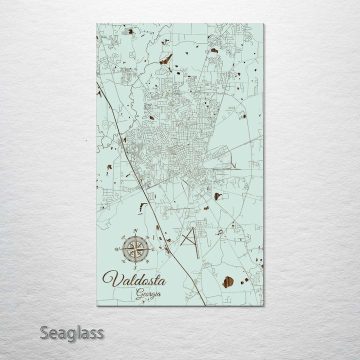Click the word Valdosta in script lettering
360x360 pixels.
coord(133,279)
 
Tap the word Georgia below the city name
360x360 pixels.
coord(148,294)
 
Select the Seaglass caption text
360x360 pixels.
coord(71,332)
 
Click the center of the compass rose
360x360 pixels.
coord(135,248)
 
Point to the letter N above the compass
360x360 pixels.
coord(135,230)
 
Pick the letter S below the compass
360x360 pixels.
coord(135,267)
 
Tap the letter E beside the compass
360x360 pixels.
coord(153,249)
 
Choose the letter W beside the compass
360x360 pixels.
coord(117,248)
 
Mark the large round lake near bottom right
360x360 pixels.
coord(227,282)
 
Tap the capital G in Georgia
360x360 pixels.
coord(139,294)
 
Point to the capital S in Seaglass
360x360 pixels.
coord(44,332)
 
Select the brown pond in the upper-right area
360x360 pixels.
coord(214,50)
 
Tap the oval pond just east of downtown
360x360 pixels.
coord(217,196)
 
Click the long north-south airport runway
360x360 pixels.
coord(195,243)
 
